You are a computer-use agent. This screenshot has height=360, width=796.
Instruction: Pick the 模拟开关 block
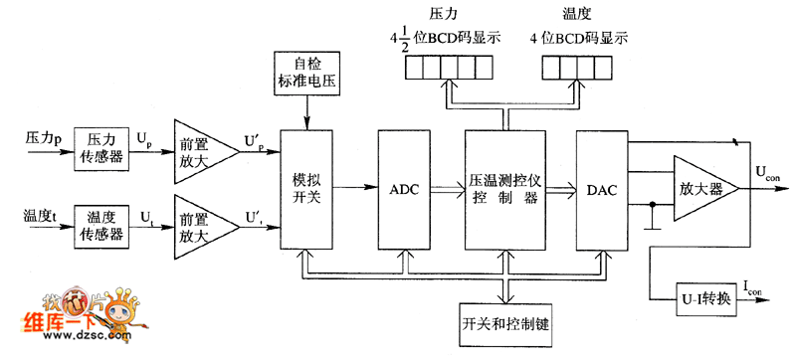coord(307,189)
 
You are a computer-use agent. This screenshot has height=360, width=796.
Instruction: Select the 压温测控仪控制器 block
coord(504,189)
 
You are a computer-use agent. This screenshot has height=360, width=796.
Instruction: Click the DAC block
coord(603,189)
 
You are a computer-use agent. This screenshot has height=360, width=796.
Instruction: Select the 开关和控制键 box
coord(506,324)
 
